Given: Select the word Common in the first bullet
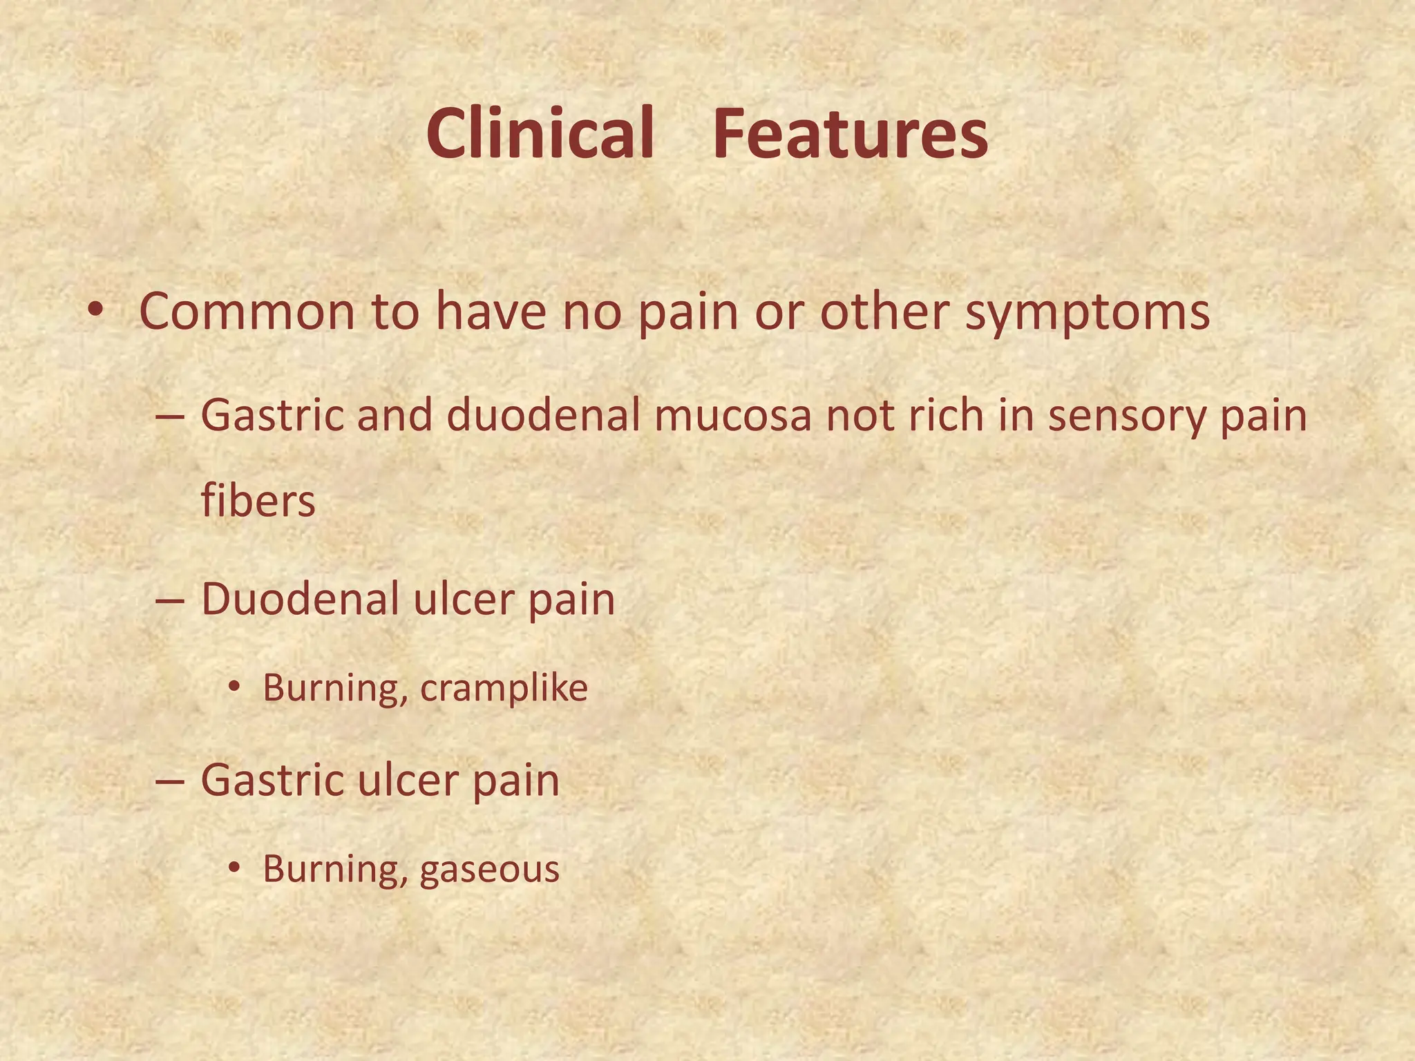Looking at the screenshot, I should click(247, 312).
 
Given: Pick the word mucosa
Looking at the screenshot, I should click(732, 417).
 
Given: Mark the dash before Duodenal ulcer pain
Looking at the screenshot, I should click(170, 600).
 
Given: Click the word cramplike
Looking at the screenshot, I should click(504, 688).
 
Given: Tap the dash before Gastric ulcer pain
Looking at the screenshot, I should click(170, 781).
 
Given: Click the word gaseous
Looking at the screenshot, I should click(489, 870).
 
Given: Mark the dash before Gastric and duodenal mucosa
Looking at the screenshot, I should click(170, 417).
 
